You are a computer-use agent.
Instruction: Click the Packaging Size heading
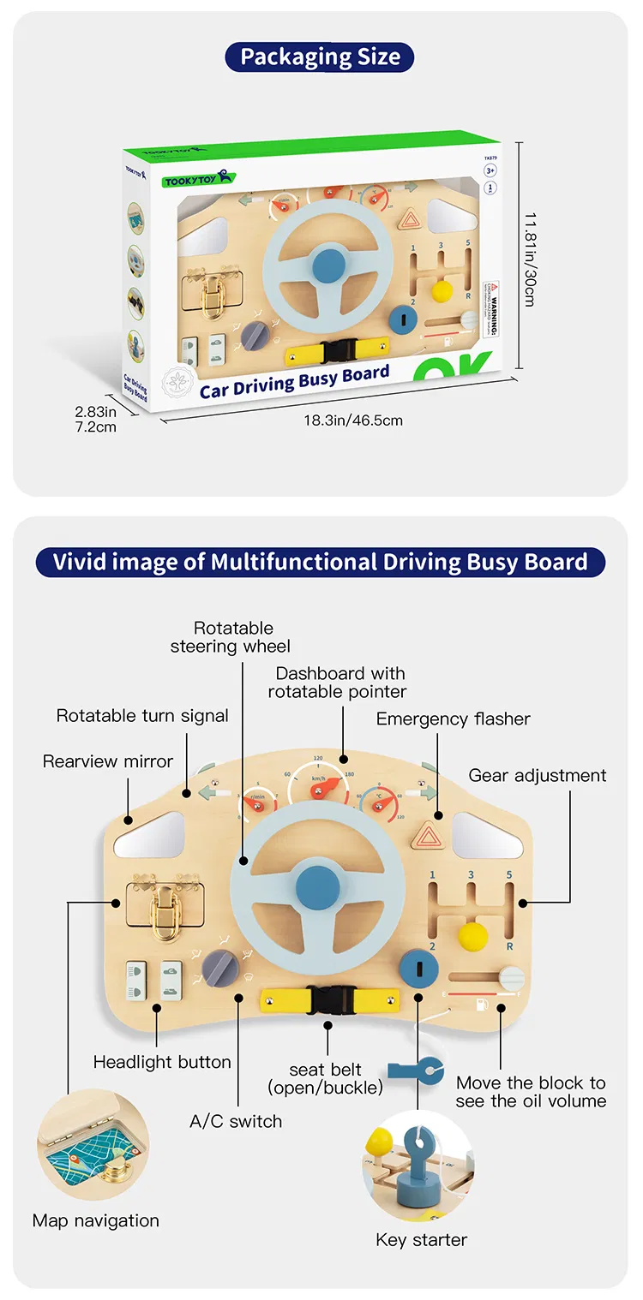click(x=320, y=57)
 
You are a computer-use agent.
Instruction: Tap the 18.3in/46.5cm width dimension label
click(x=352, y=420)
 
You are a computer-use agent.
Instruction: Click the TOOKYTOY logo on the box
click(x=197, y=178)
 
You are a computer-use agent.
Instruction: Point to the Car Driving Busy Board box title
click(x=294, y=382)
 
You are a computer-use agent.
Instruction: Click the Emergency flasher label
click(x=453, y=719)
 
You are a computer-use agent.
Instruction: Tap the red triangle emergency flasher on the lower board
click(x=426, y=835)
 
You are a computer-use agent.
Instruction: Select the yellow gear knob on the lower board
click(x=472, y=935)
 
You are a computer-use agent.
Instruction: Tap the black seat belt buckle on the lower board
click(x=328, y=1000)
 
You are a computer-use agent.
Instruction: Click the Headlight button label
click(x=162, y=1062)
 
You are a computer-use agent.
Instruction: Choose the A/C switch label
click(x=236, y=1121)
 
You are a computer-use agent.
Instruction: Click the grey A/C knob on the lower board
click(x=219, y=967)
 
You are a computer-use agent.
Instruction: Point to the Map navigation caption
click(x=96, y=1220)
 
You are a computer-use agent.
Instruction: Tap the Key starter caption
click(x=421, y=1239)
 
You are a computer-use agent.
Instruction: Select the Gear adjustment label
click(x=538, y=775)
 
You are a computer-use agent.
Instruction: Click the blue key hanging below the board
click(x=416, y=1070)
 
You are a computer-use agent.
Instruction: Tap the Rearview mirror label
click(x=108, y=760)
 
